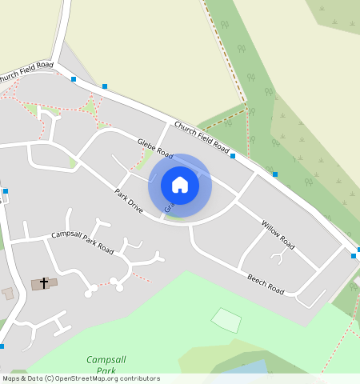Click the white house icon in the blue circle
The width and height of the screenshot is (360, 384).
pyautogui.click(x=180, y=185)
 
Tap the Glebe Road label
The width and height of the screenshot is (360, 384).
pyautogui.click(x=155, y=147)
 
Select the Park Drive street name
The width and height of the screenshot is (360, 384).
pyautogui.click(x=128, y=201)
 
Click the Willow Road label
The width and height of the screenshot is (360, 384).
pyautogui.click(x=278, y=231)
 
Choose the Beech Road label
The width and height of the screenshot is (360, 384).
pyautogui.click(x=266, y=282)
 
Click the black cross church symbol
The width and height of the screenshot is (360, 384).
pyautogui.click(x=44, y=282)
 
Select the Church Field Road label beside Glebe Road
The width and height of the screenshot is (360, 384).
pyautogui.click(x=202, y=138)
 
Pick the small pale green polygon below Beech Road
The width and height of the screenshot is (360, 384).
pyautogui.click(x=226, y=320)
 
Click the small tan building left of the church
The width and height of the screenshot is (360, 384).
pyautogui.click(x=8, y=294)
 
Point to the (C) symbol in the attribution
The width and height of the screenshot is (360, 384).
pyautogui.click(x=49, y=378)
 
